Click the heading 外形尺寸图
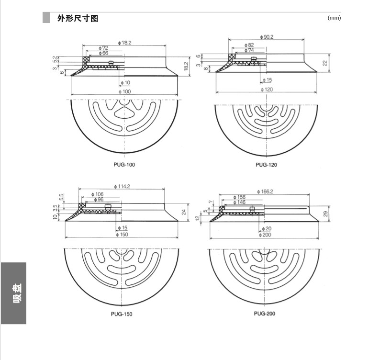[x=78, y=19]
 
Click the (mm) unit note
[x=334, y=18]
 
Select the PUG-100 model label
[x=125, y=165]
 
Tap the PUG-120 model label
[x=266, y=165]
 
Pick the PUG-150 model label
[x=122, y=314]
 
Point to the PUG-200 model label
[x=264, y=314]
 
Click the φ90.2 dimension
[x=266, y=36]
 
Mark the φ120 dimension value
[x=266, y=90]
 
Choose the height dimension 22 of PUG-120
[x=324, y=63]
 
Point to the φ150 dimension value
[x=122, y=235]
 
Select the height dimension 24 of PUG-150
[x=183, y=212]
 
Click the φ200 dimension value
[x=265, y=235]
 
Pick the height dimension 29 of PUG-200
[x=325, y=214]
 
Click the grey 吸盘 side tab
[x=13, y=293]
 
